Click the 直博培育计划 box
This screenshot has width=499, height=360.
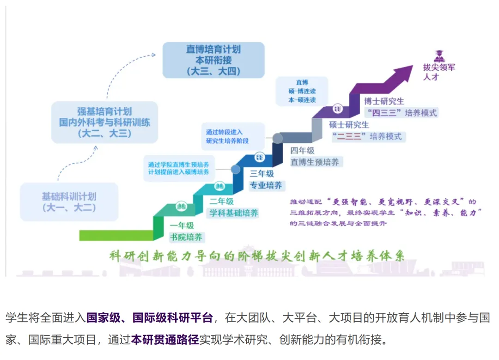(213, 60)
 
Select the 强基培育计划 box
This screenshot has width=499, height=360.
(104, 122)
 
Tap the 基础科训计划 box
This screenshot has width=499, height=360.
(69, 202)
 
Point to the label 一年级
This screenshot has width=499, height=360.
(182, 226)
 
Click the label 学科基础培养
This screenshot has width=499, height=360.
(234, 213)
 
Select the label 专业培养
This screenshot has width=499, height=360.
(266, 185)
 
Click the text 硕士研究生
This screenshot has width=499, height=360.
(349, 125)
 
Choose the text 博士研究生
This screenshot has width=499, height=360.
(383, 101)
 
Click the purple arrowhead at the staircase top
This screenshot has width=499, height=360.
(402, 74)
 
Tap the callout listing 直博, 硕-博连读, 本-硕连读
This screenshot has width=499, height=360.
(302, 92)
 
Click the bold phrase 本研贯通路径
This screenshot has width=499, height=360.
(165, 340)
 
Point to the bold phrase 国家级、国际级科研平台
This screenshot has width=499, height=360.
(149, 318)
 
